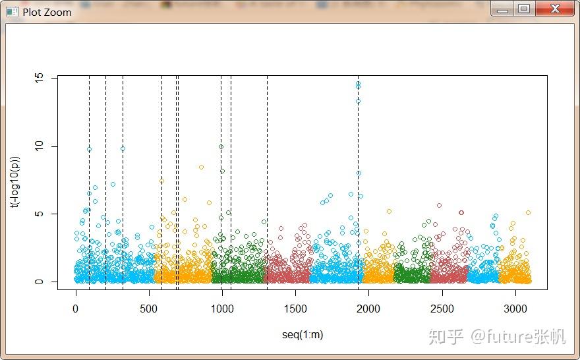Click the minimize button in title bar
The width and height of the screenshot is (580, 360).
pyautogui.click(x=504, y=9)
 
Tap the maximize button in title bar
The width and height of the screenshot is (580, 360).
pyautogui.click(x=524, y=9)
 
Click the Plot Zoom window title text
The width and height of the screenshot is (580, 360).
pyautogui.click(x=47, y=12)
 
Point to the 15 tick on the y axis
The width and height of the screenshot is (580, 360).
pyautogui.click(x=40, y=78)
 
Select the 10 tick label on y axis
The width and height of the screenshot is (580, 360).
pyautogui.click(x=40, y=146)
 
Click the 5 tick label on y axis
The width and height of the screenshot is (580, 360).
pyautogui.click(x=40, y=214)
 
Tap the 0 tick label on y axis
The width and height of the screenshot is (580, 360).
pyautogui.click(x=40, y=282)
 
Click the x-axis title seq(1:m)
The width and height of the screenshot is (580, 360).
pyautogui.click(x=303, y=335)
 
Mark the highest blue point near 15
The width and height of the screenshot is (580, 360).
pyautogui.click(x=358, y=84)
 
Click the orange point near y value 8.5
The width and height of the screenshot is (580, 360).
pyautogui.click(x=202, y=167)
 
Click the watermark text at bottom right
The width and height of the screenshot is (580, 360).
pyautogui.click(x=498, y=336)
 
